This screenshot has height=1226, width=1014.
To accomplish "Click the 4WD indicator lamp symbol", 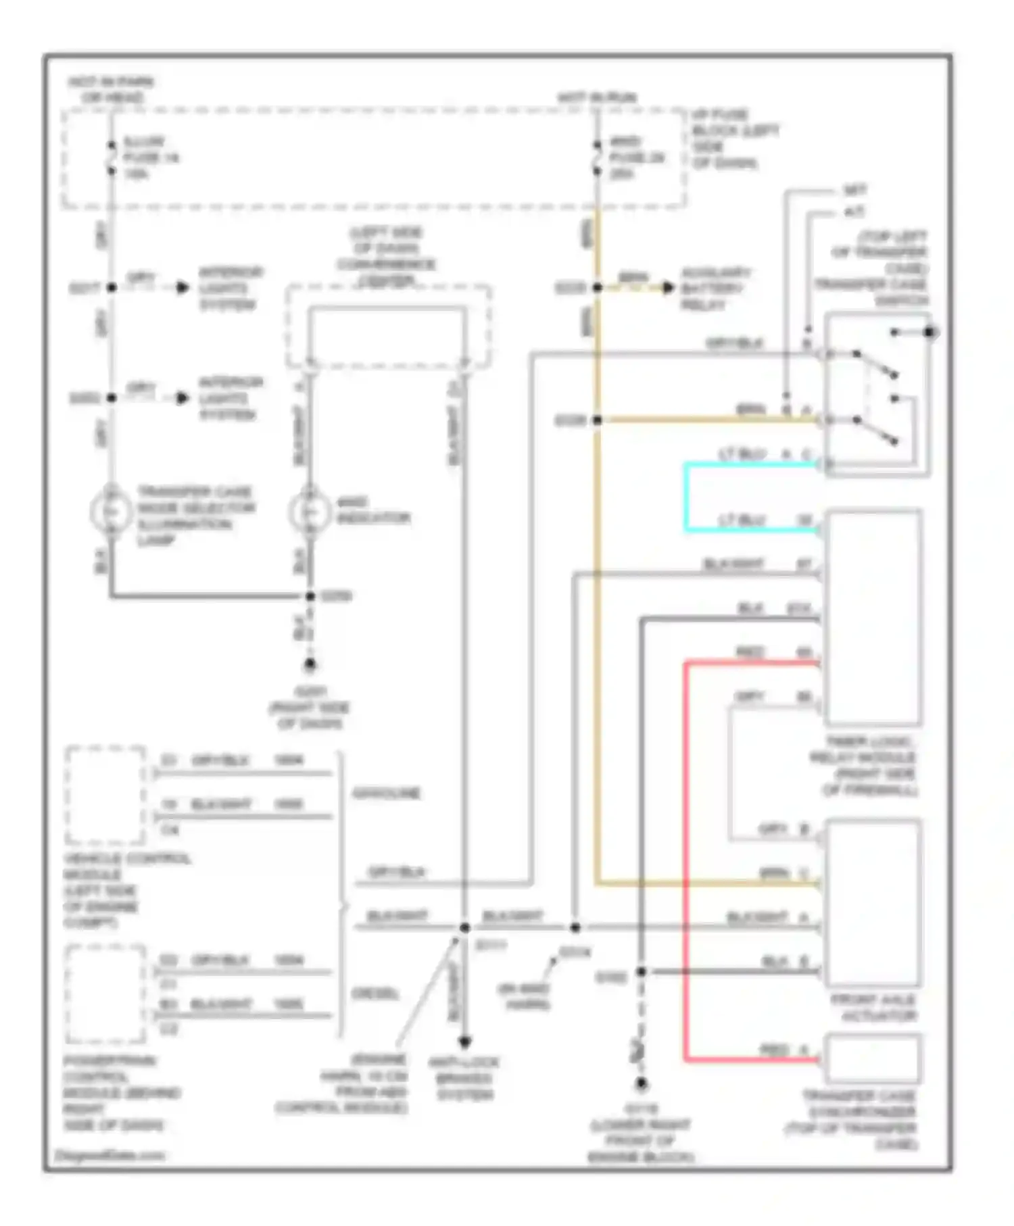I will pos(309,512).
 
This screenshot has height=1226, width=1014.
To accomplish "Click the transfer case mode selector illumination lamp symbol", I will pos(112,512).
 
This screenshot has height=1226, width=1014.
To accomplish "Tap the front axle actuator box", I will pos(872,902).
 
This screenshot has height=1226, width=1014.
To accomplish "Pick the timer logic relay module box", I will pos(872,617).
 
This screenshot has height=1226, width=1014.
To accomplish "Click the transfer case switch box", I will pos(877,394).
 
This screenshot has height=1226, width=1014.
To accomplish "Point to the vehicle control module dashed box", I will pos(105,795).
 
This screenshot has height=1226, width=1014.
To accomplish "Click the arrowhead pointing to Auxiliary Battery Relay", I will pos(668,288).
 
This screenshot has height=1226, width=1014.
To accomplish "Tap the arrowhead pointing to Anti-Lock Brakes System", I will pos(464,1041).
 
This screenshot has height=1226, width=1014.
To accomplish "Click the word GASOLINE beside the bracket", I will pos(386,793).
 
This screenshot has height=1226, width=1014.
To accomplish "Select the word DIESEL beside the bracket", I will pos(375,994).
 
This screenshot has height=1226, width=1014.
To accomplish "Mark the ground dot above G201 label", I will pos(310,665).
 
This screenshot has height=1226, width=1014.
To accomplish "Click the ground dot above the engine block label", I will pos(641,1084).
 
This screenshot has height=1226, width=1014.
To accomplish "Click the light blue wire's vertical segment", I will pos(686,497).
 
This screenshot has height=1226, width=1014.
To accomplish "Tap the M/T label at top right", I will pos(854,191).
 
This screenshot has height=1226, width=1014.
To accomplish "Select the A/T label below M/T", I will pos(854,212).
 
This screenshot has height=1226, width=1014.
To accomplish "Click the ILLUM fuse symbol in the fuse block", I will pos(112,158).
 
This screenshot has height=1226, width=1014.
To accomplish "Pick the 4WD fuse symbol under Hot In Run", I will pos(597,158).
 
